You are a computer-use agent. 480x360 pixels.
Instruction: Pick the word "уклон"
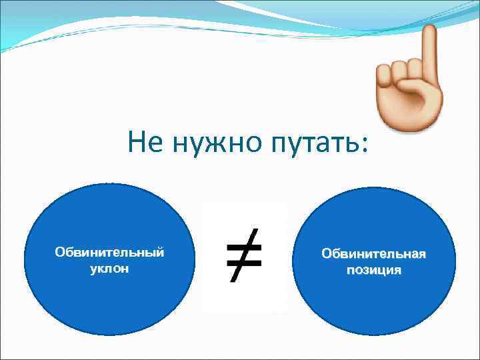[109, 269]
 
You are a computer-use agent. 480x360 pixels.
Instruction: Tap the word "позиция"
[373, 270]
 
